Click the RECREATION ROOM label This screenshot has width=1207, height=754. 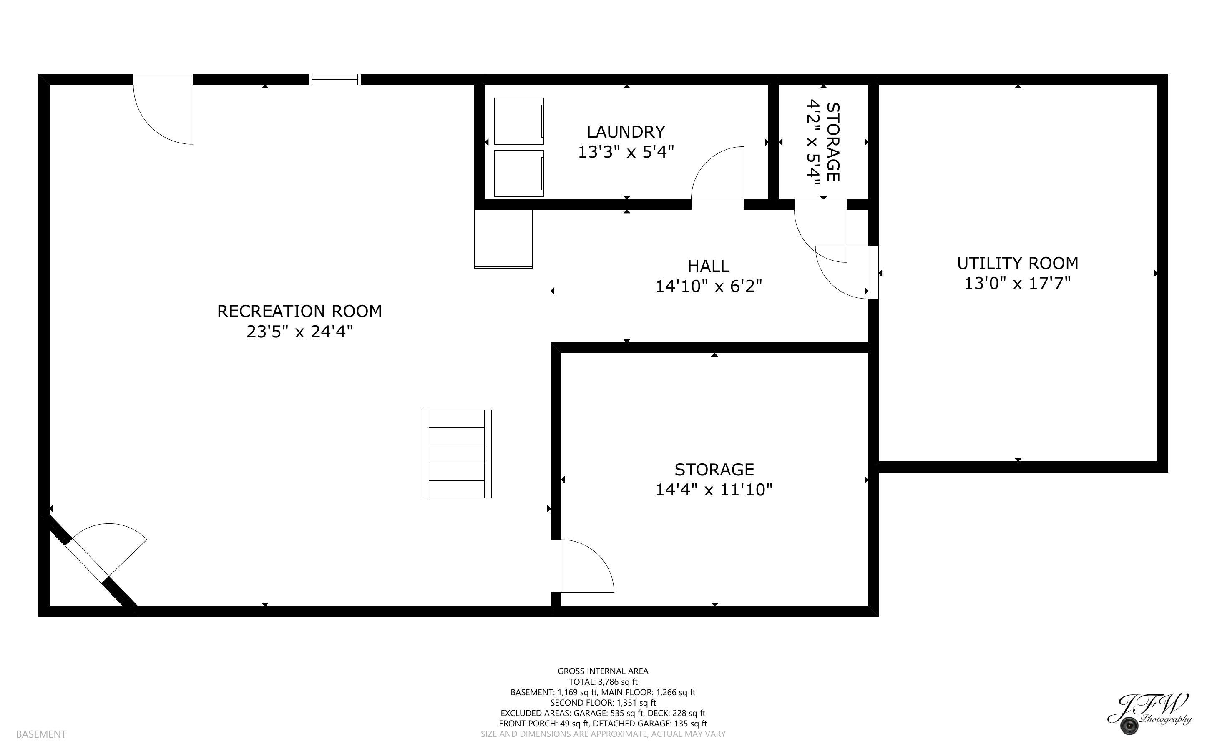click(x=299, y=311)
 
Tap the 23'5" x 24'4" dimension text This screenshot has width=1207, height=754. click(x=299, y=332)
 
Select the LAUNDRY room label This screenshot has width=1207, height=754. click(x=626, y=132)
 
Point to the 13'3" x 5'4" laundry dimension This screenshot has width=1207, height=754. click(x=626, y=152)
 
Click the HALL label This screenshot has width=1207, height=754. click(x=709, y=266)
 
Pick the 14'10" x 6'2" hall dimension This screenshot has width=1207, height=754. click(x=709, y=286)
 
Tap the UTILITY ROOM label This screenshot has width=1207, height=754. click(x=1018, y=263)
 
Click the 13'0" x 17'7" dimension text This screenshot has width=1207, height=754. click(x=1018, y=283)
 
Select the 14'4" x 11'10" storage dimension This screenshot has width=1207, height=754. click(x=714, y=490)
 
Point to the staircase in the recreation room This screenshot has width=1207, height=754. click(x=457, y=454)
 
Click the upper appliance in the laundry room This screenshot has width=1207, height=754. click(x=519, y=121)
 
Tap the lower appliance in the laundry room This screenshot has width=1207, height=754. click(x=519, y=173)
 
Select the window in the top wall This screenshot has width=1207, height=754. click(x=334, y=79)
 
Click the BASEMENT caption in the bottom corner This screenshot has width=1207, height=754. click(x=41, y=734)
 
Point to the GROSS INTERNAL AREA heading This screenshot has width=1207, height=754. click(x=603, y=671)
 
